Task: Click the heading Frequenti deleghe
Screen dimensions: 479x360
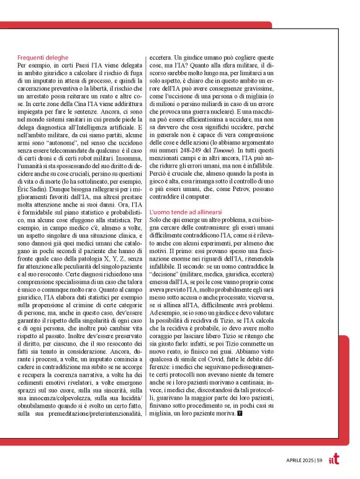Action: [42, 58]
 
